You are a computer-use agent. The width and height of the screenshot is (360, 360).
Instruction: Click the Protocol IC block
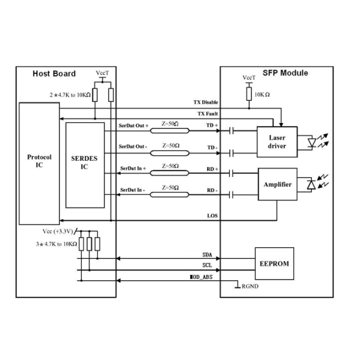[x=39, y=163]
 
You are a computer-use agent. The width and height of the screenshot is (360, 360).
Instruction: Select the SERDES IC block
[x=85, y=165]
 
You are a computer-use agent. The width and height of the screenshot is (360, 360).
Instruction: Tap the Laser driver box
[x=277, y=142]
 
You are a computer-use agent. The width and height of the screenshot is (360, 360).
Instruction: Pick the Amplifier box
[x=278, y=184]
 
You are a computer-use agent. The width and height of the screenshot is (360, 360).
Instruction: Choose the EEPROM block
[x=274, y=263]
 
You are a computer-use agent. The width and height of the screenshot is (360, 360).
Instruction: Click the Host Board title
[x=54, y=74]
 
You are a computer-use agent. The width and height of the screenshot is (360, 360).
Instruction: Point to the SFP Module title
[x=285, y=73]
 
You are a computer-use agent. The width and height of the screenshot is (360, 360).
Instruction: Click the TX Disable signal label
[x=206, y=103]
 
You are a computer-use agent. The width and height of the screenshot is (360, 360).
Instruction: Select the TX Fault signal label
[x=208, y=114]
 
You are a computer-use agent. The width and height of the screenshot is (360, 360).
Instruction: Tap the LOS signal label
[x=212, y=216]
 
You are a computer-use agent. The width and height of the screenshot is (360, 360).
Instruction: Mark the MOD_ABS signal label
[x=201, y=277]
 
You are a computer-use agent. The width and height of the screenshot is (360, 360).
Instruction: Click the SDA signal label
[x=208, y=255]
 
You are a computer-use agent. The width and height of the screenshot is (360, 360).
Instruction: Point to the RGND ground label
[x=250, y=286]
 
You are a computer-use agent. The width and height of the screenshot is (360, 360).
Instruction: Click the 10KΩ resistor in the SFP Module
[x=249, y=94]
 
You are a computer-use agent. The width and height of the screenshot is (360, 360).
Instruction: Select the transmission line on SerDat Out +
[x=170, y=131]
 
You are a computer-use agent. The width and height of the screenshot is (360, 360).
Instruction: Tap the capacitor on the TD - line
[x=232, y=153]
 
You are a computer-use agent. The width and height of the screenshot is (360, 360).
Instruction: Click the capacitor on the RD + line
[x=232, y=173]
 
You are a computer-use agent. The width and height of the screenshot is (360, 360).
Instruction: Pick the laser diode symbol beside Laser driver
[x=312, y=143]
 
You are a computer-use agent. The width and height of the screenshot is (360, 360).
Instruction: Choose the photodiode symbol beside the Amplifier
[x=311, y=185]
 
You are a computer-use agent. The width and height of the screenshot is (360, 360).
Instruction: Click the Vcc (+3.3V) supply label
[x=58, y=232]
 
